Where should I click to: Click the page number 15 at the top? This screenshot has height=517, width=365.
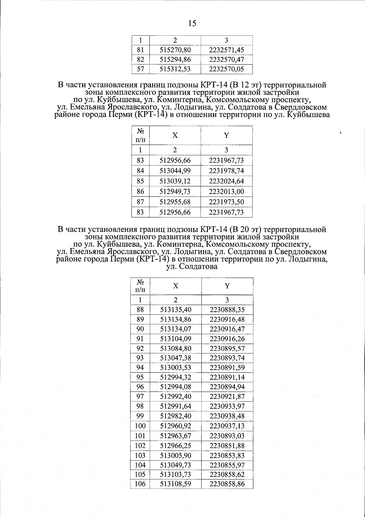tap(192, 23)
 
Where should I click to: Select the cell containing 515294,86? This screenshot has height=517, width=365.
tap(175, 59)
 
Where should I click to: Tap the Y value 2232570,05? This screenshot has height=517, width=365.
tap(227, 69)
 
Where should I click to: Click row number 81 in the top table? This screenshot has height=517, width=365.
tap(140, 50)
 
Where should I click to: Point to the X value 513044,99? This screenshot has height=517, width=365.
tap(175, 171)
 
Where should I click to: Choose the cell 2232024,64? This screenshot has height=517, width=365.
tap(227, 181)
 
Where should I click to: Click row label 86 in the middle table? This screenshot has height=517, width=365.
tap(140, 192)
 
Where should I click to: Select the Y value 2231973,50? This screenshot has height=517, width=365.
tap(227, 202)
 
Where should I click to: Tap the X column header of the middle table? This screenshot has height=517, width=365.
tap(175, 135)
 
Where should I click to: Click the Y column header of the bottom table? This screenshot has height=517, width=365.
tap(227, 286)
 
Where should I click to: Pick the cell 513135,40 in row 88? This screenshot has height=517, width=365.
tap(176, 310)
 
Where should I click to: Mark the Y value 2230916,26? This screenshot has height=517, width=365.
tap(227, 339)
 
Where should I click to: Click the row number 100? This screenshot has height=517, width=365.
tap(140, 426)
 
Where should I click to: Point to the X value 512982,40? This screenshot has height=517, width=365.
tap(176, 416)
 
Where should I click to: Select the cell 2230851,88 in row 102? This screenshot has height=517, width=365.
tap(227, 446)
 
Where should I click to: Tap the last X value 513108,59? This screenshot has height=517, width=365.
tap(176, 484)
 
